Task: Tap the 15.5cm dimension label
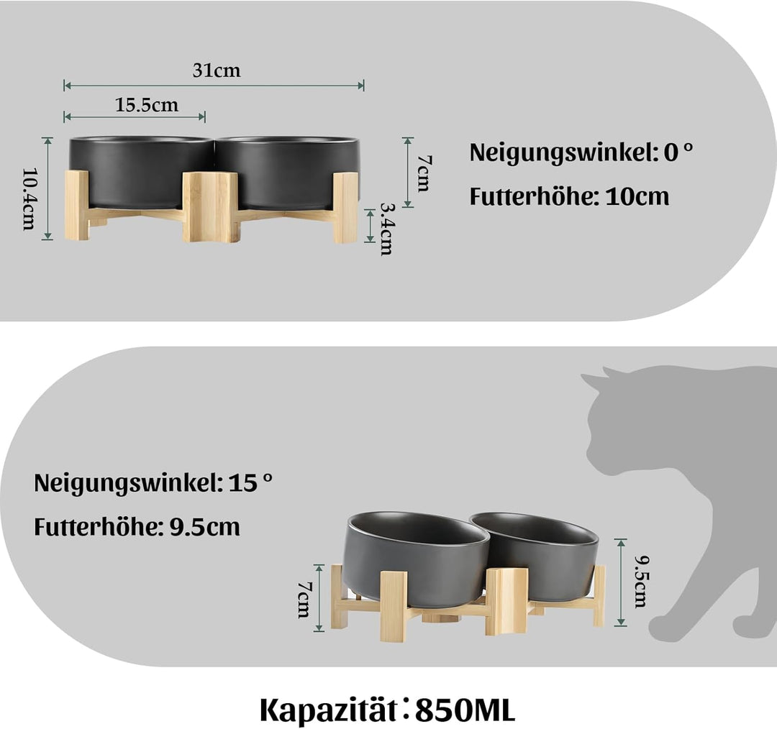(x=147, y=105)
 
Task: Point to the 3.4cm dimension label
(x=386, y=229)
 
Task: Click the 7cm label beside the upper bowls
(x=422, y=173)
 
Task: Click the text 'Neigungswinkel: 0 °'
(x=581, y=152)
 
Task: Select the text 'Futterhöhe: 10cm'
(x=569, y=196)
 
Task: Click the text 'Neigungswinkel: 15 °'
(x=153, y=482)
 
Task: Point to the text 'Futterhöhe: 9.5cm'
(x=137, y=527)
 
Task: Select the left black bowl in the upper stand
(x=140, y=171)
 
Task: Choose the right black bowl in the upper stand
(x=288, y=171)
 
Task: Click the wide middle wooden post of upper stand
(x=210, y=206)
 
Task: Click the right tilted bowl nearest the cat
(x=540, y=550)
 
